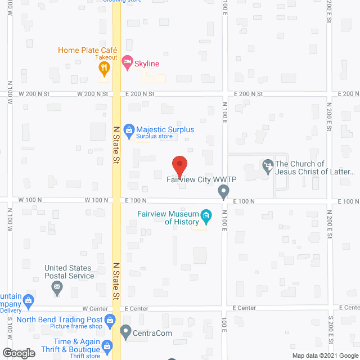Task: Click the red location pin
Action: tap(179, 166)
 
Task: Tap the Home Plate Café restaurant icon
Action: tap(103, 68)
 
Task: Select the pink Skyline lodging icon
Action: tap(127, 63)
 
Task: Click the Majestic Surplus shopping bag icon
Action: tap(129, 130)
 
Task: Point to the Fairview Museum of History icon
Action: tap(206, 216)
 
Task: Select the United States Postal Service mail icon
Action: tap(57, 289)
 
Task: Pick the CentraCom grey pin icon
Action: tap(125, 332)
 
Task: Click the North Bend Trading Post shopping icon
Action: tap(110, 319)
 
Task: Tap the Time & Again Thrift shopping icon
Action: tap(106, 344)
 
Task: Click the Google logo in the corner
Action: tap(19, 353)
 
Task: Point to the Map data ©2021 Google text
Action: tap(324, 355)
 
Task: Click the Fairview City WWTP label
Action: tap(201, 180)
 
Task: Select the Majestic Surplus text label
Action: tap(166, 130)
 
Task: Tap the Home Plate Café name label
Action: tap(87, 51)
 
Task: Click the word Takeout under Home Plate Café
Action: tap(106, 57)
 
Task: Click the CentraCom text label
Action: tap(152, 333)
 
